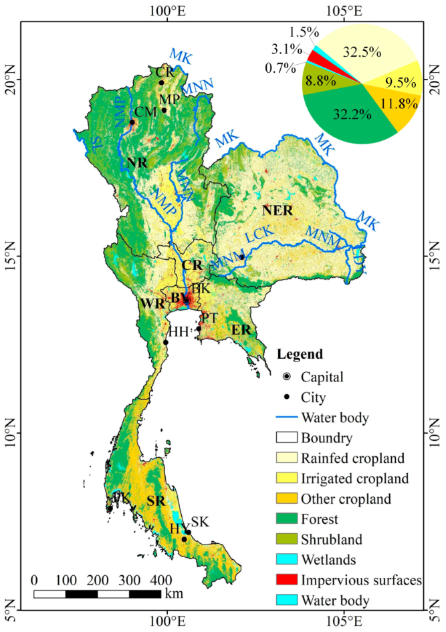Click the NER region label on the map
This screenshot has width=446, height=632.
(278, 210)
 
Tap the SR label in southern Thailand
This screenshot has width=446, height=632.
(155, 501)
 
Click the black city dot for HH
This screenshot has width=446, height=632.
(166, 342)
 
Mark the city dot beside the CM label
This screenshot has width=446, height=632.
(132, 122)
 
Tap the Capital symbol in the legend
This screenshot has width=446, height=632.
(288, 377)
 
